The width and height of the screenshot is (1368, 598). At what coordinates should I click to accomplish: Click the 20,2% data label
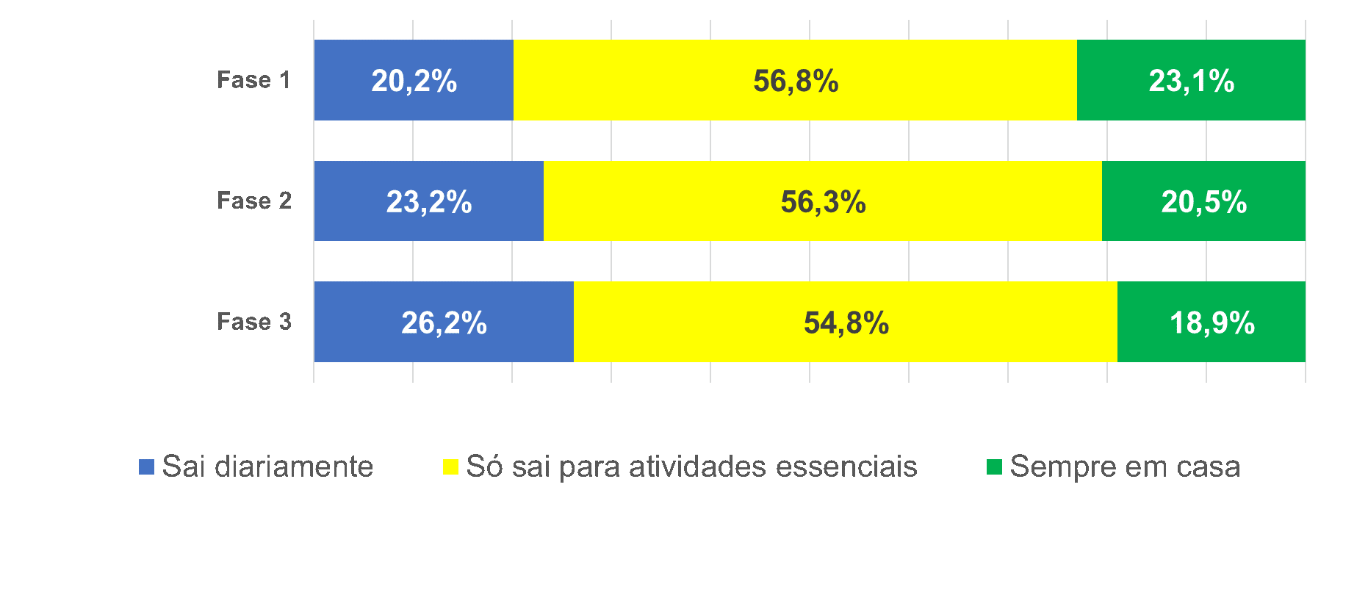tap(414, 81)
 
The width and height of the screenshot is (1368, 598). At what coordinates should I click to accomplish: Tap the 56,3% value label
tap(823, 202)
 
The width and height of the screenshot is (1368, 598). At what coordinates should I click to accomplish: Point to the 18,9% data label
tap(1212, 323)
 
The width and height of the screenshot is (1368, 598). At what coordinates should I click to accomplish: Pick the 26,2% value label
tap(444, 323)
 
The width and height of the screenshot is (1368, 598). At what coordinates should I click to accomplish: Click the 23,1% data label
tap(1191, 81)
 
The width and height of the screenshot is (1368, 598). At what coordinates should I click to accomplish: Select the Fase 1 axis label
tap(253, 80)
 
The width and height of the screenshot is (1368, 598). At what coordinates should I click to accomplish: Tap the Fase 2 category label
tap(253, 201)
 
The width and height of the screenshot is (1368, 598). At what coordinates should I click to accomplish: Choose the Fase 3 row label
tap(253, 322)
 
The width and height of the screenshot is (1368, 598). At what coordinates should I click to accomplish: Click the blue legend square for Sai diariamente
tap(146, 466)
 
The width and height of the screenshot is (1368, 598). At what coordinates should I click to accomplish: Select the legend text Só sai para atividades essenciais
tap(691, 466)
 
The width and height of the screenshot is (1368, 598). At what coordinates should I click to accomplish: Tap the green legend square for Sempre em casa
tap(994, 466)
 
